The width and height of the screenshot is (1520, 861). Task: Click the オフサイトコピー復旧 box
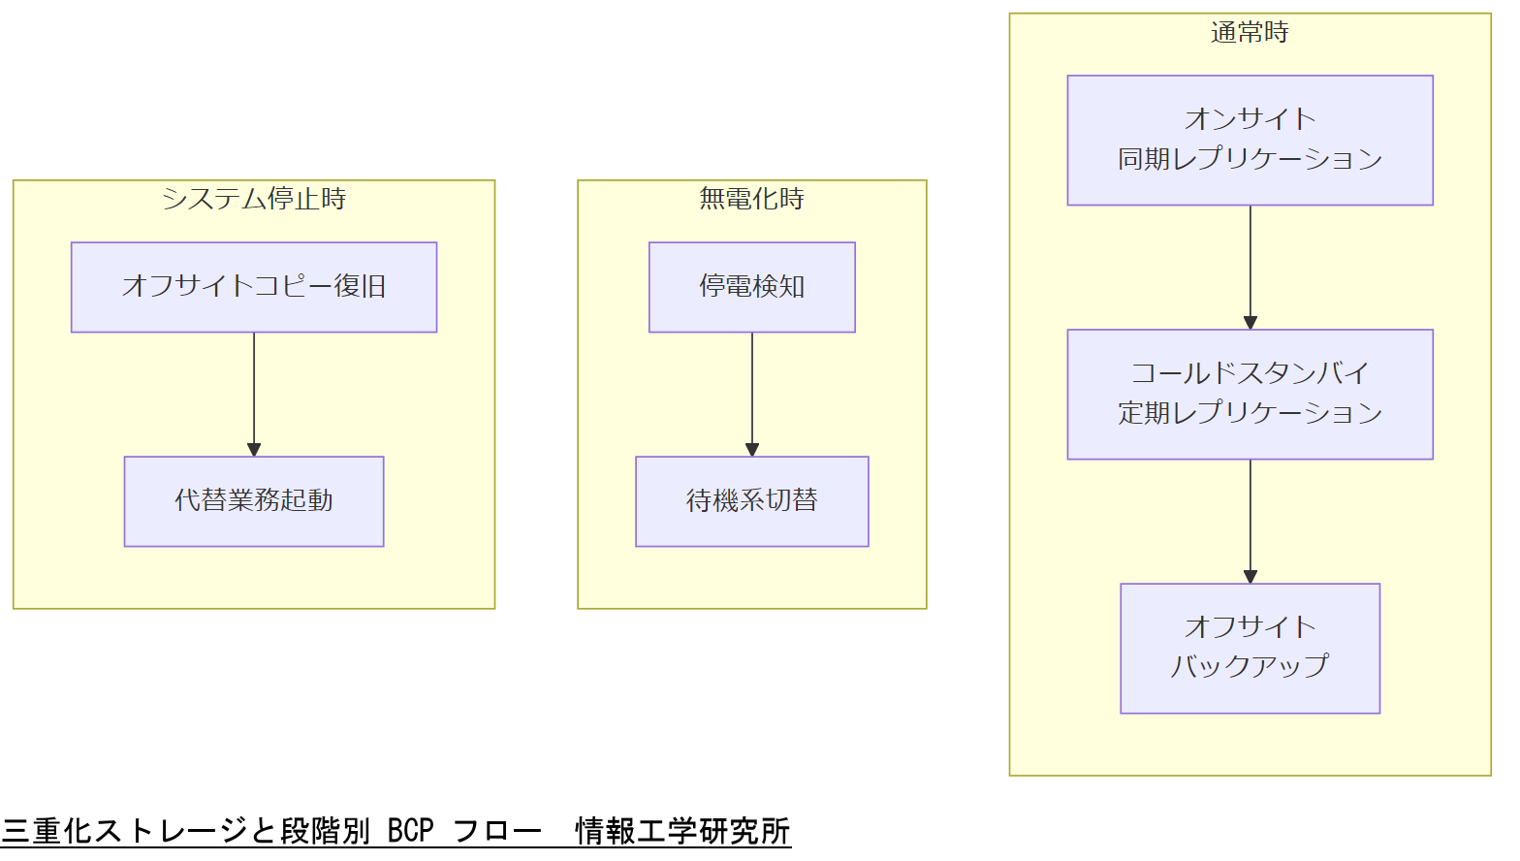254,287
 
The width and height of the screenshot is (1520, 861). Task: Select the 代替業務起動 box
254,501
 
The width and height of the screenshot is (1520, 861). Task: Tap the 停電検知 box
752,287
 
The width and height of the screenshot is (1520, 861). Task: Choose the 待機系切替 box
752,501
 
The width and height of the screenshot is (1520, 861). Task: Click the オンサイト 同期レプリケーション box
1250,140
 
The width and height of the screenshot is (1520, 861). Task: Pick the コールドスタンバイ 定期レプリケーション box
1250,394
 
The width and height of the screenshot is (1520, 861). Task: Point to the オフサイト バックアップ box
1250,648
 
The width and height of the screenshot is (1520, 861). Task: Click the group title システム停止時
254,199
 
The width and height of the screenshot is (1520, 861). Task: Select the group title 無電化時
752,199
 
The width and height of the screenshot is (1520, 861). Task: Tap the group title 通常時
1250,33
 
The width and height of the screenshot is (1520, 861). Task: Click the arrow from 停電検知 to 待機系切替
752,394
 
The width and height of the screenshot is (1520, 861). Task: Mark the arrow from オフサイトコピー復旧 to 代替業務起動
254,394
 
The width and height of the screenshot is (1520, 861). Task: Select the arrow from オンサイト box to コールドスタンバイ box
1251,267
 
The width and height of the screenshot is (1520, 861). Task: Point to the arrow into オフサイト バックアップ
1251,521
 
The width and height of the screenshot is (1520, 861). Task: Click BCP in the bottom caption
410,832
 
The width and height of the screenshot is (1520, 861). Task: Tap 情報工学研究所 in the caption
682,832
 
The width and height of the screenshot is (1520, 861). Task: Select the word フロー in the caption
497,832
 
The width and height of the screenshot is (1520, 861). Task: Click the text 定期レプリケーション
1250,413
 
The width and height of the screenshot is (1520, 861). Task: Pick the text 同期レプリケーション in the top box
1250,159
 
